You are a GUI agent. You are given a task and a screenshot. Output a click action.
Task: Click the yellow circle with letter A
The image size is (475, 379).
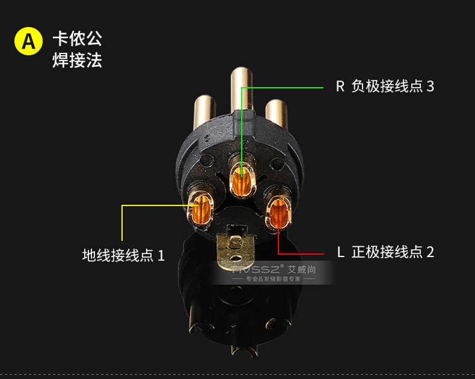point(28,41)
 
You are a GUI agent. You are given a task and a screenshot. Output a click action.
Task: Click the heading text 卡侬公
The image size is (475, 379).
point(78,38)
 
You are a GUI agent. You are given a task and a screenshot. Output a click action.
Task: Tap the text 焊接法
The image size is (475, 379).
point(78,60)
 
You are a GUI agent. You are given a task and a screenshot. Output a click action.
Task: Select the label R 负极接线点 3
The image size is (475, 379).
point(385,86)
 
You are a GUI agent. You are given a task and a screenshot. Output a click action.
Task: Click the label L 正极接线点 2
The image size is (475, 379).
point(385,252)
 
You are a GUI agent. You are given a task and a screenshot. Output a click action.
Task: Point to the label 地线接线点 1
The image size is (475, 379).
point(123,255)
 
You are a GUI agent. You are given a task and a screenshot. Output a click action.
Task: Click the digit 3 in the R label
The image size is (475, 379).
point(429,86)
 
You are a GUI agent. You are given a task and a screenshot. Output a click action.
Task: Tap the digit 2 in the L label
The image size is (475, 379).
point(429,252)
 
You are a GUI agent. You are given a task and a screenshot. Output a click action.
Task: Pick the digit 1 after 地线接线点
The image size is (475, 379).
point(161,255)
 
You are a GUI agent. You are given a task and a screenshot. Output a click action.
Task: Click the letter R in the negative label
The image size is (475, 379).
point(340,86)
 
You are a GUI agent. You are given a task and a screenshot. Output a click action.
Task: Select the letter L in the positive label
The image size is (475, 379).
point(340,252)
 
